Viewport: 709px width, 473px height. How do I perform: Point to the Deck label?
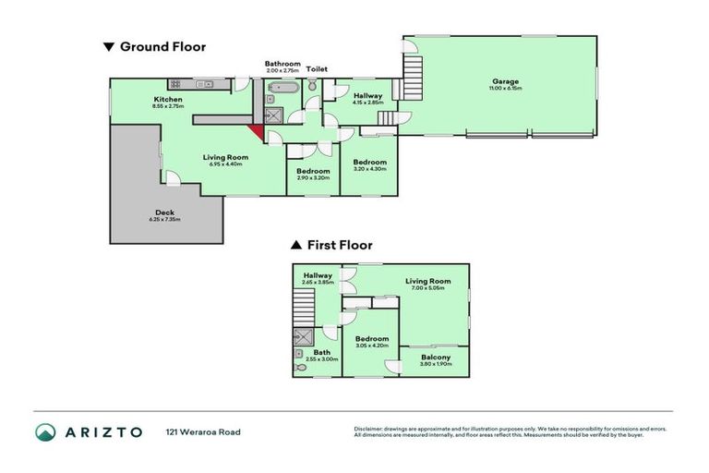(164, 212)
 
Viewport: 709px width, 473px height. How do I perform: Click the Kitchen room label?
(168, 99)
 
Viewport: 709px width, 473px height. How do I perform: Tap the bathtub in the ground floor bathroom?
(280, 90)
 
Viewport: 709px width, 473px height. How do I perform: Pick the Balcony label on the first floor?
(435, 358)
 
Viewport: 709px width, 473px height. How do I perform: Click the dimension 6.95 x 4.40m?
(226, 164)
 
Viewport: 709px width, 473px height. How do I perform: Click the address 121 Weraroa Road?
(203, 431)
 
